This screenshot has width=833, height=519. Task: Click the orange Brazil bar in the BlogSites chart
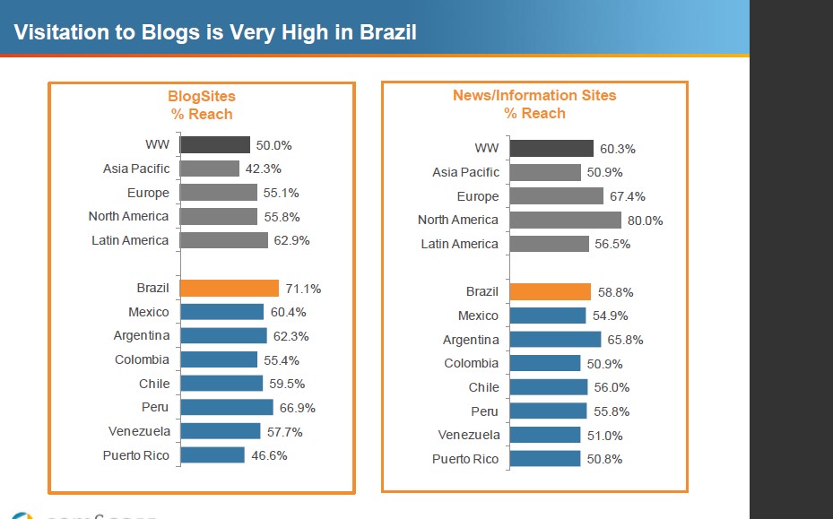tap(230, 288)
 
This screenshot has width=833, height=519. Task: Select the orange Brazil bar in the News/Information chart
tap(550, 291)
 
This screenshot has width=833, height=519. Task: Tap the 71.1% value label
tap(303, 289)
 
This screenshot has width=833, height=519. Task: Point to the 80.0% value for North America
tap(645, 221)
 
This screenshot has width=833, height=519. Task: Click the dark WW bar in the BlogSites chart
tap(215, 144)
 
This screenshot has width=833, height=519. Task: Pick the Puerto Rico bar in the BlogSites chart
tap(213, 455)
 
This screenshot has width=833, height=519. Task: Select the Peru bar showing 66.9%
tap(227, 407)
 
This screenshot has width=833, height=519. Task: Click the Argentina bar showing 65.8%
tap(555, 340)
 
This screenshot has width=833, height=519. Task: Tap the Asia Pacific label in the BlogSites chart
tap(136, 169)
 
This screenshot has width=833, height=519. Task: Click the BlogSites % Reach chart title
tap(202, 105)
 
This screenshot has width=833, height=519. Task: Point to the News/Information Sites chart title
tap(534, 104)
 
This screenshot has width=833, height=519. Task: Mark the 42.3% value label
tap(263, 169)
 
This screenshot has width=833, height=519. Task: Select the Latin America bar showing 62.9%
tap(224, 240)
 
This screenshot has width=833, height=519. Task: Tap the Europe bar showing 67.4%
tap(556, 196)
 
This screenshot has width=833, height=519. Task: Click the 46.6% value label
tap(269, 455)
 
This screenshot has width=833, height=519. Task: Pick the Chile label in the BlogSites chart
tap(153, 383)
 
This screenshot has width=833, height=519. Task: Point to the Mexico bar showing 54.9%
tap(547, 316)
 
